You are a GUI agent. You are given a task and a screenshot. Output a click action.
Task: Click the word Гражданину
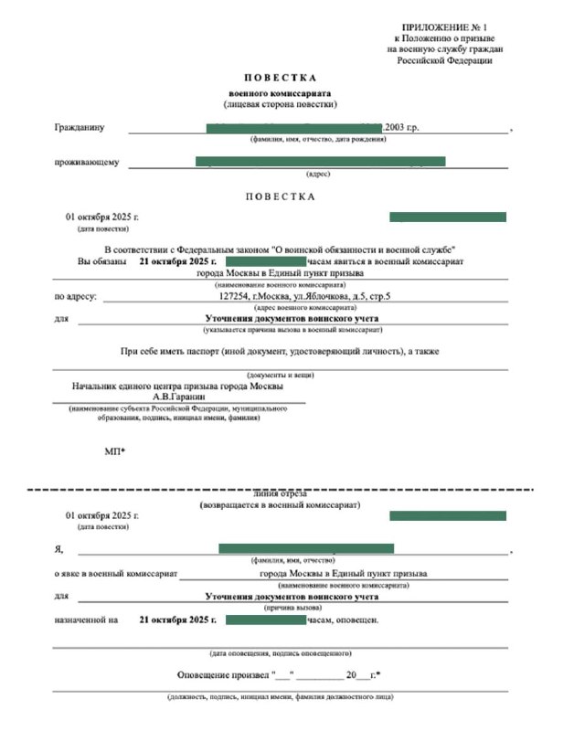pos(80,128)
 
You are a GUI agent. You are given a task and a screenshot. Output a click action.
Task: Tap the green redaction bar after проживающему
pos(320,162)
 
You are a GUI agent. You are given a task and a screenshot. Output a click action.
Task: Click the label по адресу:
pos(76,296)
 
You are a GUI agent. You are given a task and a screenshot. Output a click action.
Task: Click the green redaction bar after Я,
pos(306,548)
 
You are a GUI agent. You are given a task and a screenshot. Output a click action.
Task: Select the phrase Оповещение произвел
pos(223,675)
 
